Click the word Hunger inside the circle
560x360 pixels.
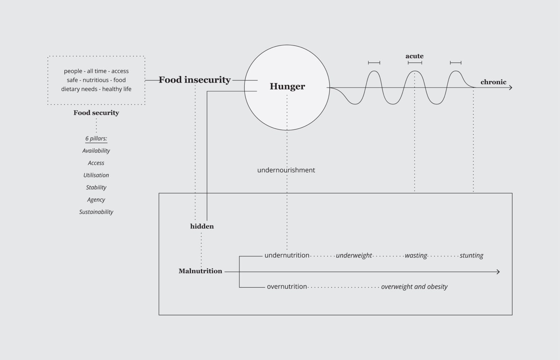[287, 86]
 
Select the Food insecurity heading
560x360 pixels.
[194, 80]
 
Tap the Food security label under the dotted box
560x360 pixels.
[96, 113]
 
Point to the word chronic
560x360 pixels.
[493, 82]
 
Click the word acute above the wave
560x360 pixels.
[415, 56]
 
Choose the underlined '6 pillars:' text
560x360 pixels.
[96, 139]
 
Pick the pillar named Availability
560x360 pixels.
[96, 151]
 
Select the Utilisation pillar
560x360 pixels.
[96, 175]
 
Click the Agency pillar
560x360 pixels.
[96, 200]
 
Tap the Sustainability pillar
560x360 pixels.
[96, 212]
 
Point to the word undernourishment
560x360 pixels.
[286, 170]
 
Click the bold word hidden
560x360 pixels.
[202, 227]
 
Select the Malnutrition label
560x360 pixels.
[200, 271]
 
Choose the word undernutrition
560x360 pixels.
[287, 255]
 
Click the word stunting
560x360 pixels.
[471, 256]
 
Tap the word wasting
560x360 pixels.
[416, 256]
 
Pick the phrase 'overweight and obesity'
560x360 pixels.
[414, 287]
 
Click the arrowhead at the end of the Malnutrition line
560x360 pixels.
[498, 272]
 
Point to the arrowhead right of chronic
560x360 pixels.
[510, 88]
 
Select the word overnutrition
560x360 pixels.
[287, 287]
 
